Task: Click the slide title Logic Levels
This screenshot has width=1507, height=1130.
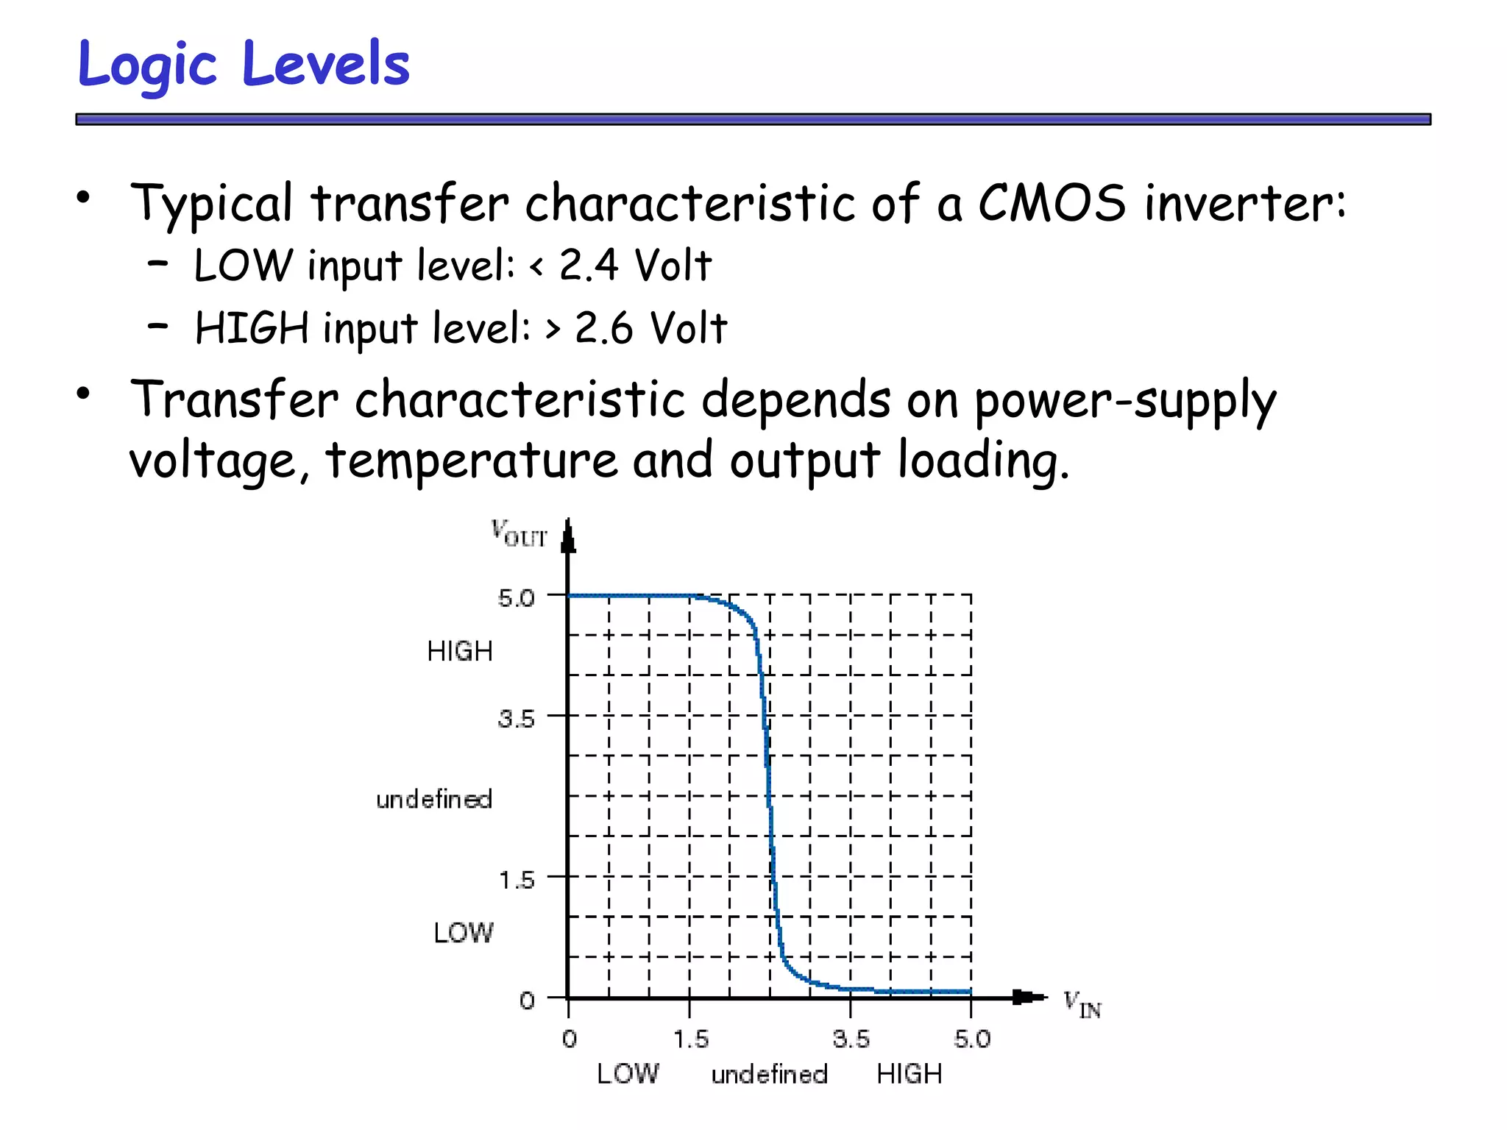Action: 243,65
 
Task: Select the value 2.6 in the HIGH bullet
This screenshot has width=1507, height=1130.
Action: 603,328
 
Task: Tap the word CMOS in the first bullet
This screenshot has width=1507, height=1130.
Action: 1052,203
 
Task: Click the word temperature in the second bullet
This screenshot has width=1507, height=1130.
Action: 471,461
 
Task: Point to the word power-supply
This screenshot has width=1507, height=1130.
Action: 1126,402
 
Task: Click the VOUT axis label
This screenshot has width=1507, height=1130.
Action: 519,533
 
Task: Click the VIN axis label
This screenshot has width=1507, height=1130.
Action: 1082,1004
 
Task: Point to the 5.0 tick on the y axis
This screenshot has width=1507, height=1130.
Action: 516,598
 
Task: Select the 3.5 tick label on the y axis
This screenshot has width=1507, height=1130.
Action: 516,719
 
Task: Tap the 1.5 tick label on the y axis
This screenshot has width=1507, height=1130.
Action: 517,880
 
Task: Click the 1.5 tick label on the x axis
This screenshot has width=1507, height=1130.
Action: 691,1040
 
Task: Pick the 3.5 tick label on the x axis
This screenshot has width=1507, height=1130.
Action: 851,1040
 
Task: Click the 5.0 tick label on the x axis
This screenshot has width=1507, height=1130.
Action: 972,1040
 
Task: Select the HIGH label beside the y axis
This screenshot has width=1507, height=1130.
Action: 460,652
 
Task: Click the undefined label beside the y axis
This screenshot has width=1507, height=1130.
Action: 434,800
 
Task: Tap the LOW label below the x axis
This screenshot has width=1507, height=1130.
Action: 628,1074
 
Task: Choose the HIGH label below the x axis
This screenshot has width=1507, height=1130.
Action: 909,1074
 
